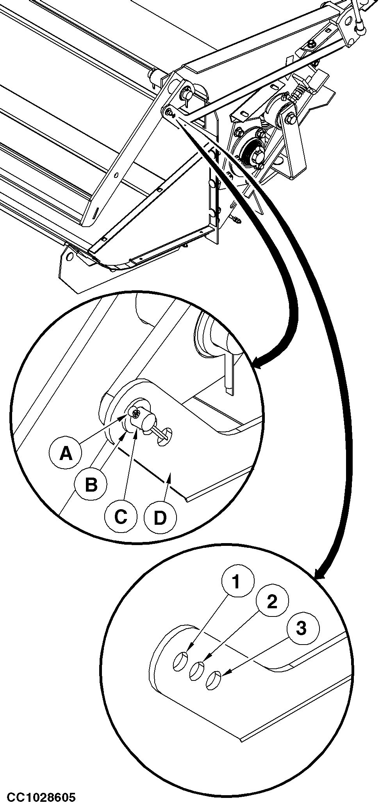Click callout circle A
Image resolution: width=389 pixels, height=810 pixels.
click(x=66, y=453)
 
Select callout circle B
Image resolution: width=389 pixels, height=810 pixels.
click(x=91, y=485)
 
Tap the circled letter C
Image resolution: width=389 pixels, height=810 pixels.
click(x=121, y=517)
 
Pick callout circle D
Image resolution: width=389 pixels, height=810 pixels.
click(x=160, y=518)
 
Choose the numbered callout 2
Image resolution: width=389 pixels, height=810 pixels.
click(x=272, y=602)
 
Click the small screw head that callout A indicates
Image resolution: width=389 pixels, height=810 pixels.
click(x=135, y=412)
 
